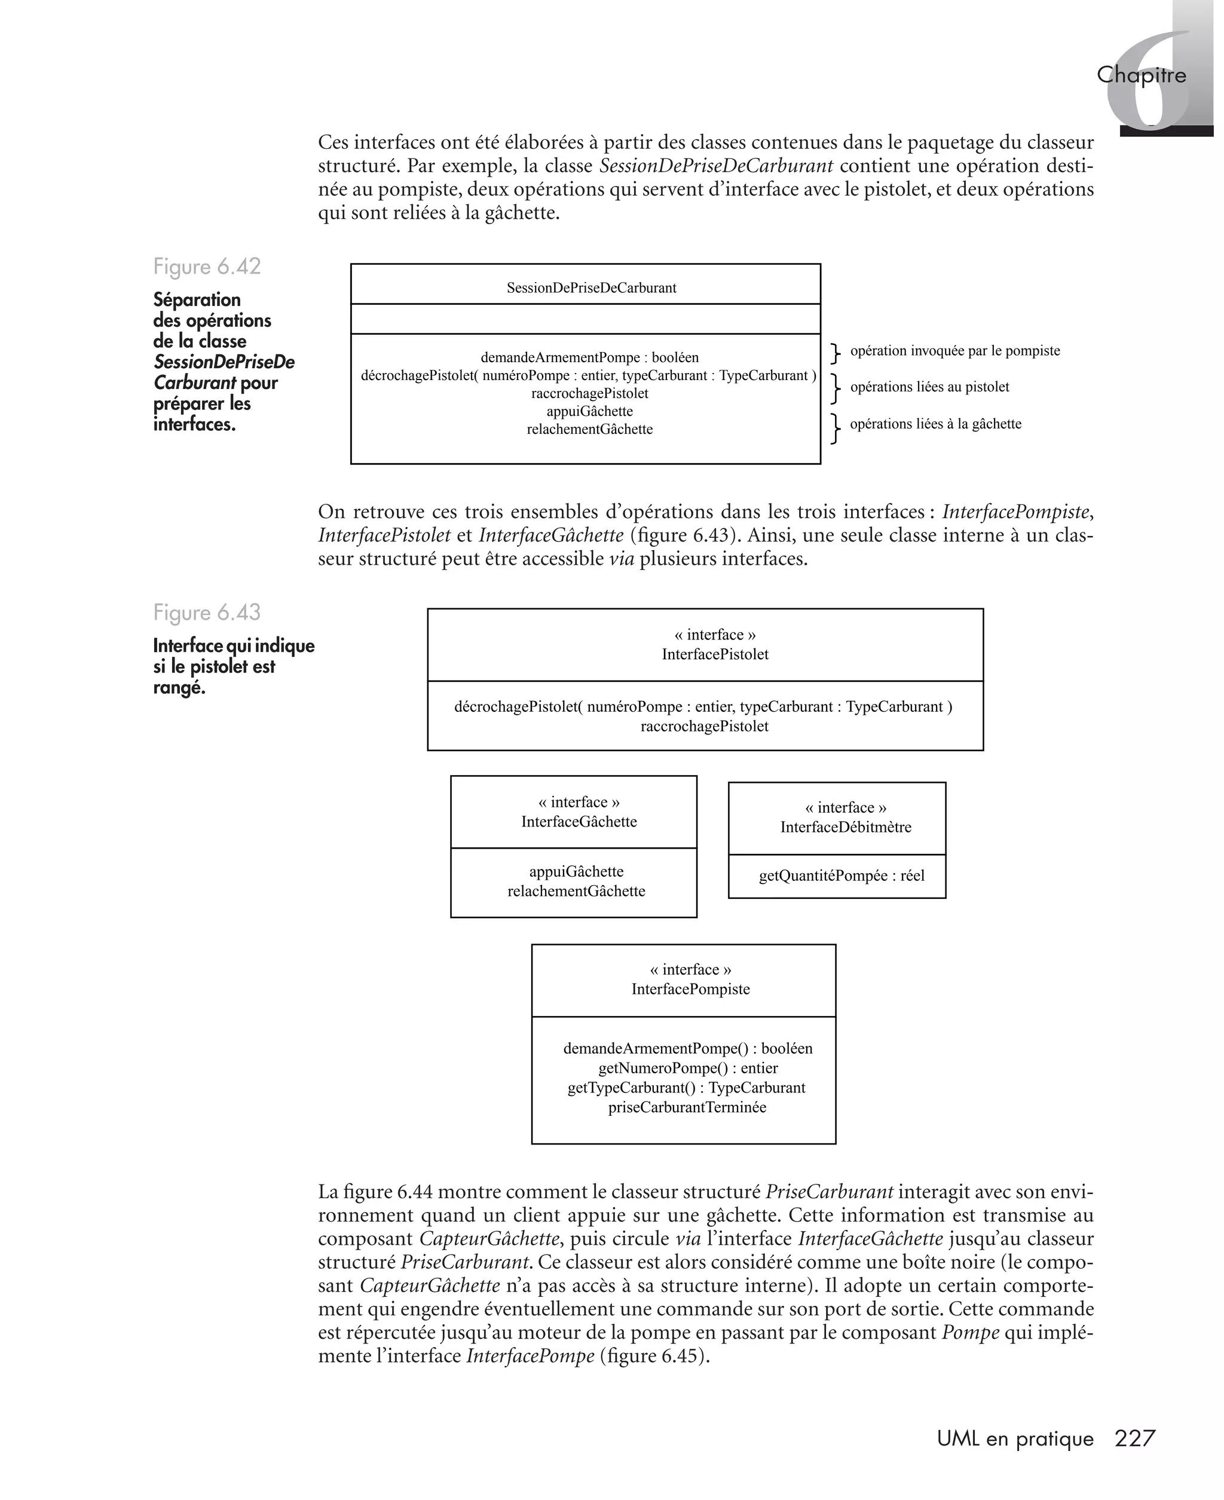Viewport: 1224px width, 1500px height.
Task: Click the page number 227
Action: (x=1134, y=1438)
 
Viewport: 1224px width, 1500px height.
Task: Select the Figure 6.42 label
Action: (x=207, y=267)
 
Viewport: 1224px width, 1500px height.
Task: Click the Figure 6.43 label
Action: (x=207, y=612)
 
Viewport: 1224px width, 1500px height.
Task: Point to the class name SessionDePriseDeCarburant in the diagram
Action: (x=591, y=287)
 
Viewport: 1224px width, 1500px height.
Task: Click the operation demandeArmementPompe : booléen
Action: (x=589, y=357)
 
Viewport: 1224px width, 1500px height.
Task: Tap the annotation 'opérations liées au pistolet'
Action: (x=929, y=387)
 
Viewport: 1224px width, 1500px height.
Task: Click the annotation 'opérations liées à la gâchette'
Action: (x=935, y=424)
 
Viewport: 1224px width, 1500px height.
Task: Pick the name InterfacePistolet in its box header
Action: (x=714, y=654)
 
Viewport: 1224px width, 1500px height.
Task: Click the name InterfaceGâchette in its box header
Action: (x=579, y=822)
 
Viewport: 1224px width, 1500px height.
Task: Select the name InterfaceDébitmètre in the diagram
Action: (x=845, y=828)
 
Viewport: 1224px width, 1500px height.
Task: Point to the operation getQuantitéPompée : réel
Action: (x=841, y=875)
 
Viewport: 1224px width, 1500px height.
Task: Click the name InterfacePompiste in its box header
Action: (x=690, y=989)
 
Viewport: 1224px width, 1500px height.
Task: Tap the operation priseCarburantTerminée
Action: (x=687, y=1107)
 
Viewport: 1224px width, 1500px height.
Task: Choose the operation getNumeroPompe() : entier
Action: (x=687, y=1068)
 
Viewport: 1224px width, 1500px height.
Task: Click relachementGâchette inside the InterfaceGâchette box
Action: (x=576, y=891)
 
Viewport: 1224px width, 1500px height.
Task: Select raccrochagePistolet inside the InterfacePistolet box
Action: (x=703, y=726)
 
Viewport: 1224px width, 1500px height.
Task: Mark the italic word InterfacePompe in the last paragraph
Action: (x=530, y=1355)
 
